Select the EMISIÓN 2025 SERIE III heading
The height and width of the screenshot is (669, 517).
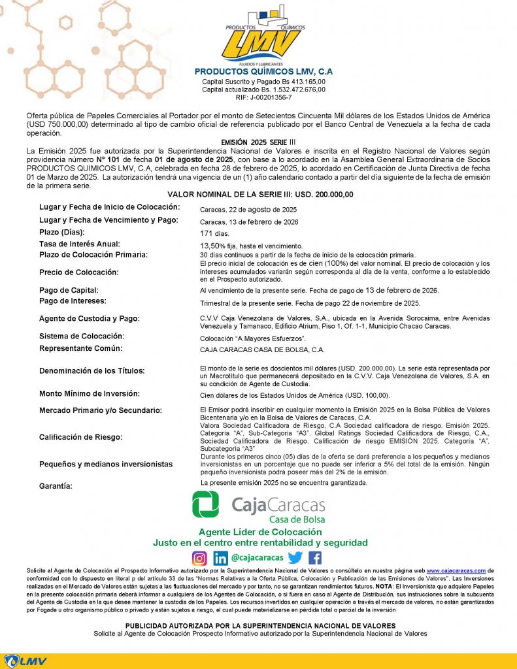click(x=259, y=142)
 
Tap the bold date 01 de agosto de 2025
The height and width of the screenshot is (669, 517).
click(x=194, y=159)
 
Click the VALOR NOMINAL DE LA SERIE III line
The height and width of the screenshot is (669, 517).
click(x=260, y=195)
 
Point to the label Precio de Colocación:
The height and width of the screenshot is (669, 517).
click(x=78, y=272)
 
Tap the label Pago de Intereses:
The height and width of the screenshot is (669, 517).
click(x=73, y=301)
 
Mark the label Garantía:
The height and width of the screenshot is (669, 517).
click(x=56, y=486)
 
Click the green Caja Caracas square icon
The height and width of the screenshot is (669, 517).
click(x=206, y=504)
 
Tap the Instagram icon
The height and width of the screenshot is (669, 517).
click(x=199, y=558)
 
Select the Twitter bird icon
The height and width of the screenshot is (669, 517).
click(x=295, y=558)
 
